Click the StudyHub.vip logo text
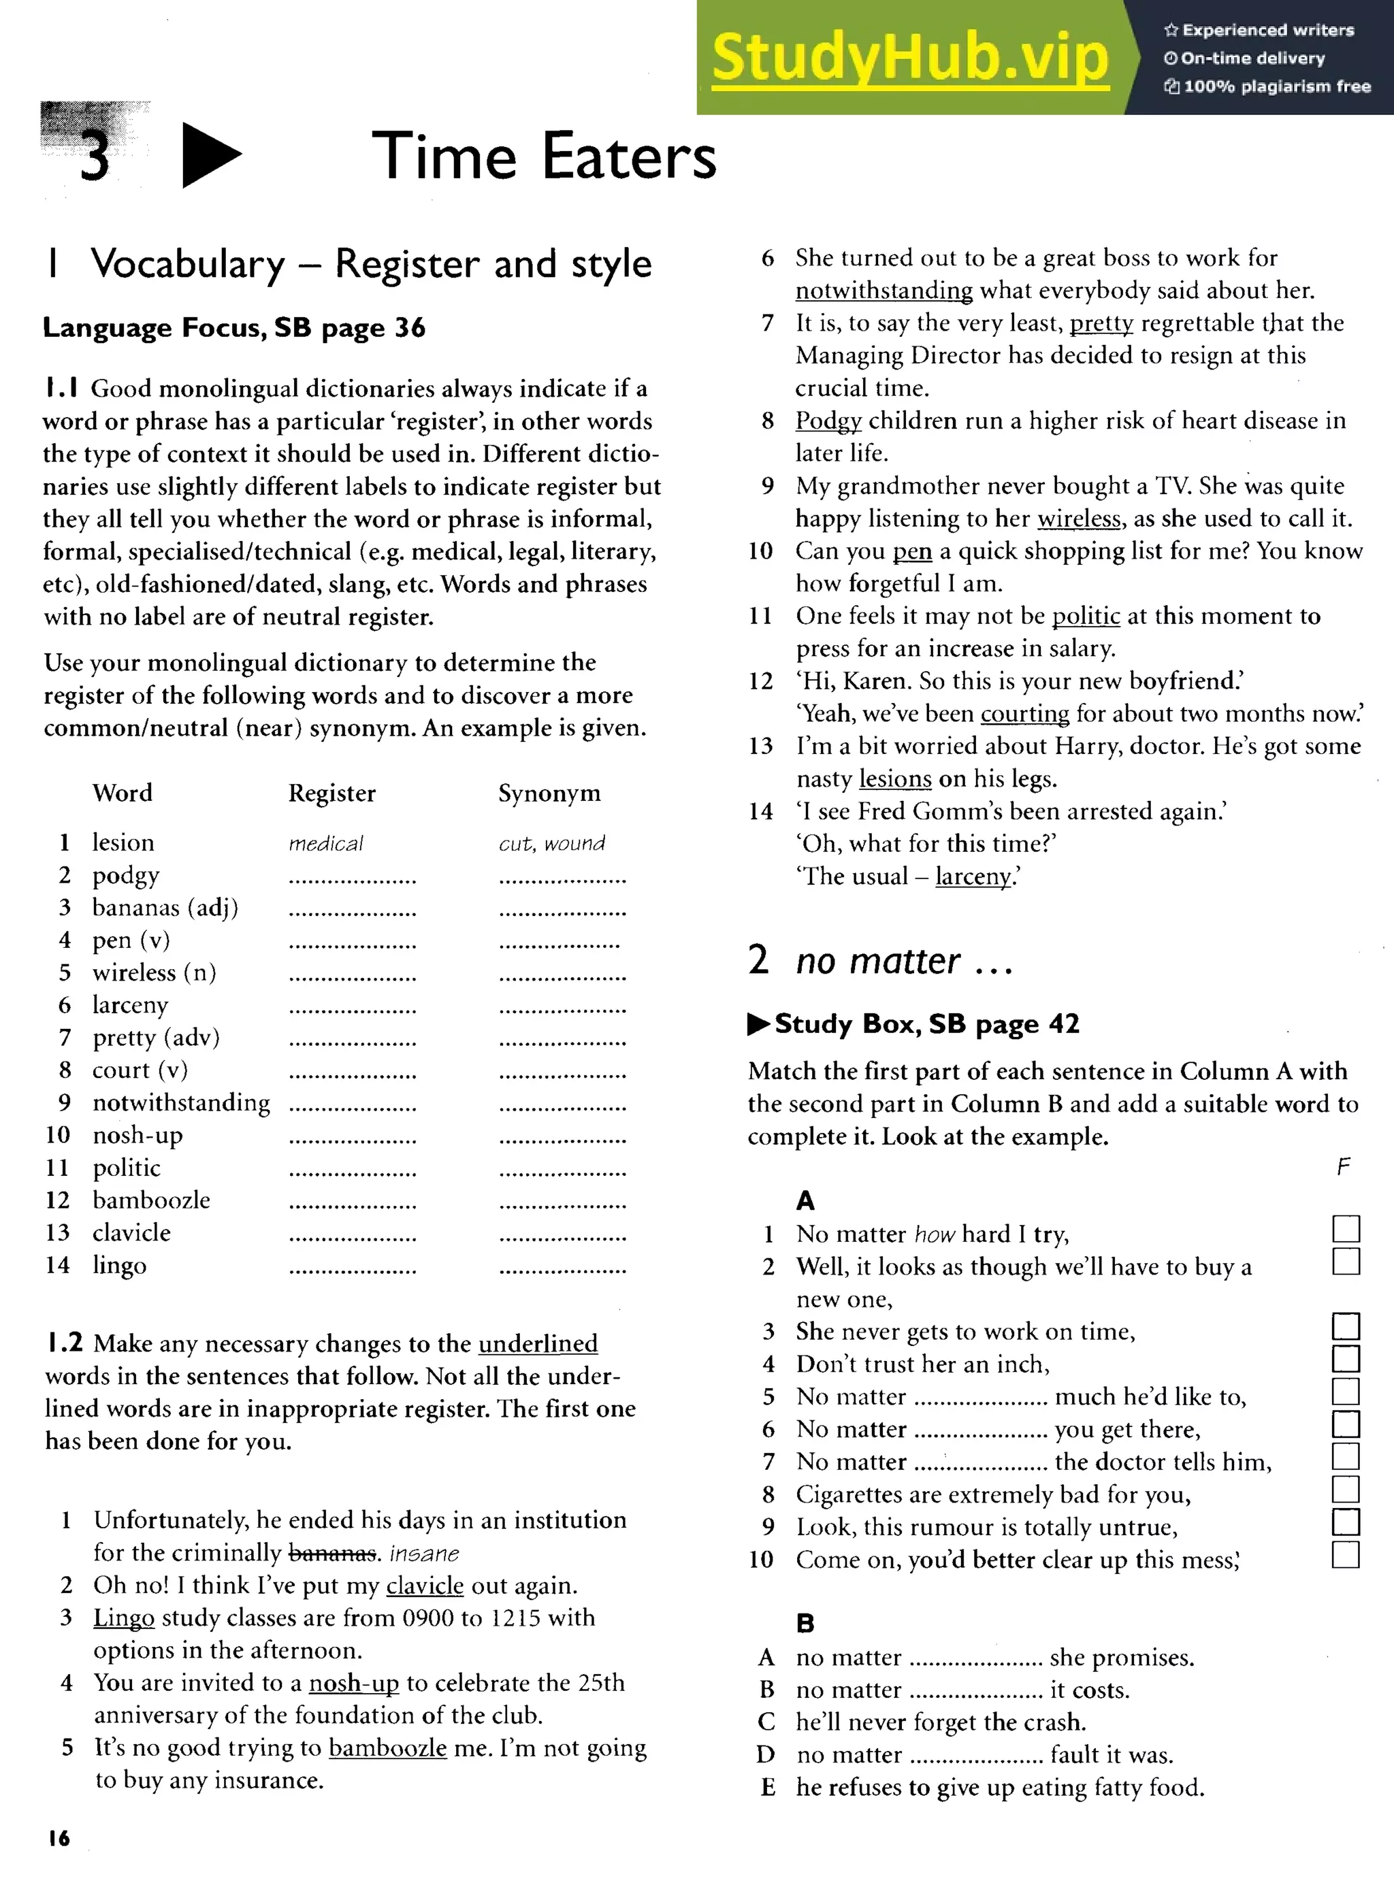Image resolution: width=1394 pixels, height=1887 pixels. (909, 57)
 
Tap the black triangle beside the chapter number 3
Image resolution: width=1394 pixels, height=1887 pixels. (210, 155)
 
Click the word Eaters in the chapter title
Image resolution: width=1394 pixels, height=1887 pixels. (629, 157)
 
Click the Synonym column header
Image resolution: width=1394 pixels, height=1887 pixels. (549, 793)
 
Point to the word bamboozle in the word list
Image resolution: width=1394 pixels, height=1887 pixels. (151, 1200)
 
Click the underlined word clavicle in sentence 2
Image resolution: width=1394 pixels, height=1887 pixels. (425, 1585)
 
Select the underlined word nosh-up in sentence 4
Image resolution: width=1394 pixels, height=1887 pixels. (353, 1683)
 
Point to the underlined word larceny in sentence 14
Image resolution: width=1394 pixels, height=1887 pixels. (973, 876)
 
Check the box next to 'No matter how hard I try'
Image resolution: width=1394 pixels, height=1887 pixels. (1346, 1229)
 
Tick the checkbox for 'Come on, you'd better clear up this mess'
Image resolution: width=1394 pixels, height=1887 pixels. (1346, 1555)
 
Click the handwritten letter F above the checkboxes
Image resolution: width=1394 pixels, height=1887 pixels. (1344, 1166)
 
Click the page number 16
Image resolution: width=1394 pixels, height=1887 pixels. (59, 1838)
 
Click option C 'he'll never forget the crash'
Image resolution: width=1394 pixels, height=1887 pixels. (940, 1722)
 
